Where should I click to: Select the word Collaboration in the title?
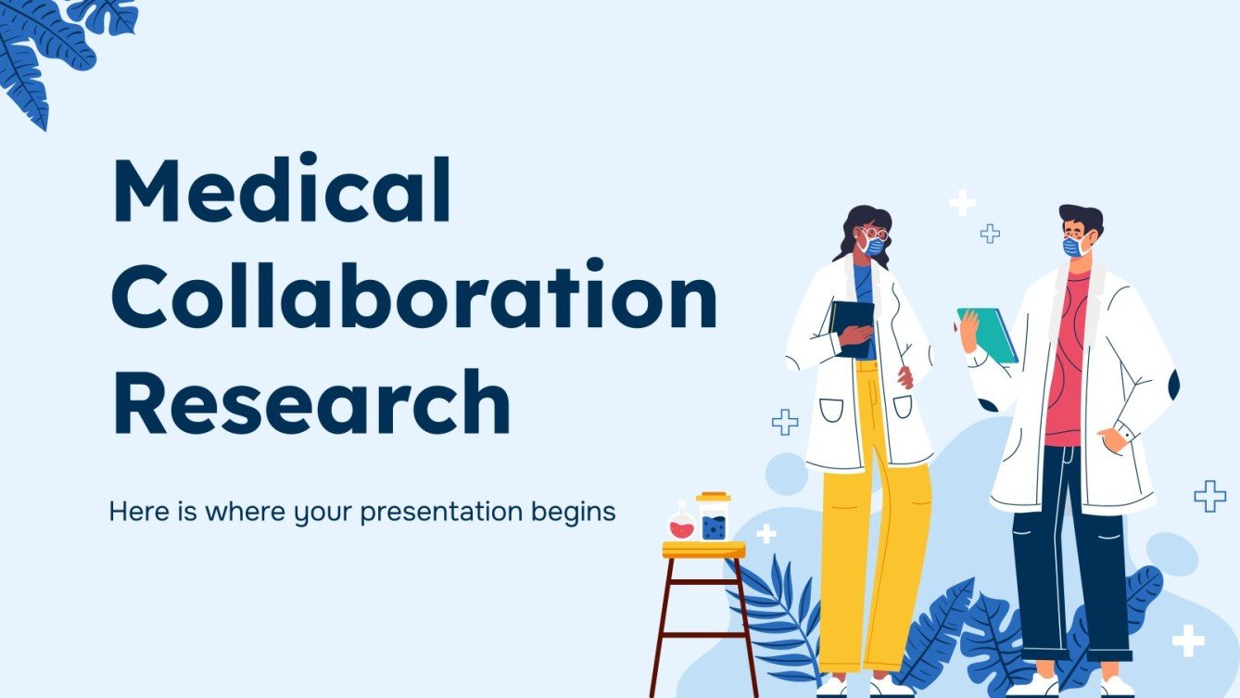coord(414,298)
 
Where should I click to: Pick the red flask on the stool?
coord(682,525)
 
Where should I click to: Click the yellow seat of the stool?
coord(703,550)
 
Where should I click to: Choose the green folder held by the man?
coord(990,333)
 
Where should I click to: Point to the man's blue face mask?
coord(1073,246)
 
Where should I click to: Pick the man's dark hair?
coord(1082,218)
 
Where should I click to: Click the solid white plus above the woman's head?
coord(962,202)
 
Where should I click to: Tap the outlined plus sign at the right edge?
coord(1209,496)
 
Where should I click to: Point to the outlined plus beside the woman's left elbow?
coord(785,422)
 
